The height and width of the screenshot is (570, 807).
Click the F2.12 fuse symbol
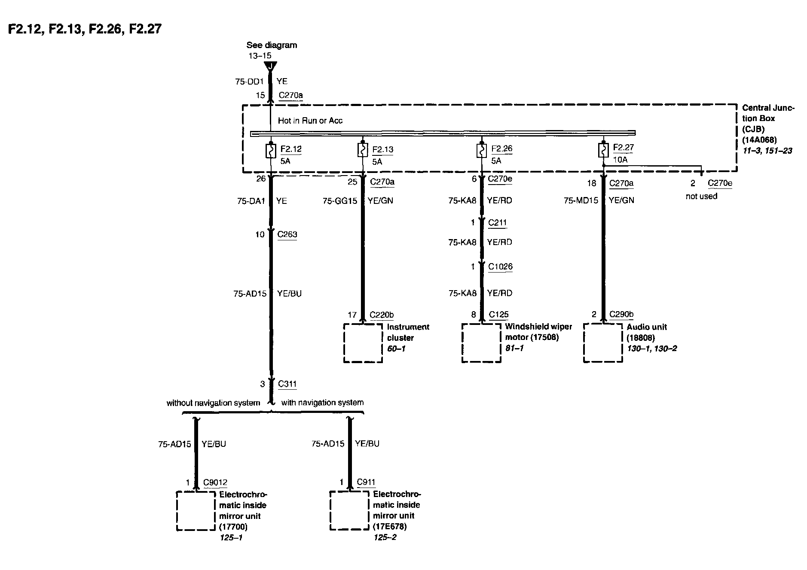pos(271,151)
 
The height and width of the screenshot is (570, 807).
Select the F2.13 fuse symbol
pos(362,150)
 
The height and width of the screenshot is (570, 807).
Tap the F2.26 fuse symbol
pos(481,150)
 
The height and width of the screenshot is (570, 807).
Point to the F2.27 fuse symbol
pos(603,150)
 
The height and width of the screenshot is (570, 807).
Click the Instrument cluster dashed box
pos(363,343)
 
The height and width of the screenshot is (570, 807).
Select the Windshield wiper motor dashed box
pos(481,343)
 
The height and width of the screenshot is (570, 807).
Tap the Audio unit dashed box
pos(603,343)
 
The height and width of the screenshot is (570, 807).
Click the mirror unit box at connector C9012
pos(196,511)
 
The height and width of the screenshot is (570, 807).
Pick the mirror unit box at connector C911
pos(349,510)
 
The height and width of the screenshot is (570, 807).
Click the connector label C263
pos(287,234)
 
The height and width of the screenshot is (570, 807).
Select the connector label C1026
pos(500,267)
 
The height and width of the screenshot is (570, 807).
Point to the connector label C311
pos(287,384)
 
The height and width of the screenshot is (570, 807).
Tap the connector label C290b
pos(621,315)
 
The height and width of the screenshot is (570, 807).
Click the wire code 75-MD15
pos(581,200)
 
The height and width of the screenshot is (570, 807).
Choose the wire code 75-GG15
pos(339,201)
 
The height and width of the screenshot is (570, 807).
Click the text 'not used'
pos(701,197)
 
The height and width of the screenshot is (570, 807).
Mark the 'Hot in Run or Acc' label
pos(310,121)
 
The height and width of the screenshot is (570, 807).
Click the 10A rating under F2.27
pos(620,160)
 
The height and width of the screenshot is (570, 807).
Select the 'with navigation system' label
pos(322,403)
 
